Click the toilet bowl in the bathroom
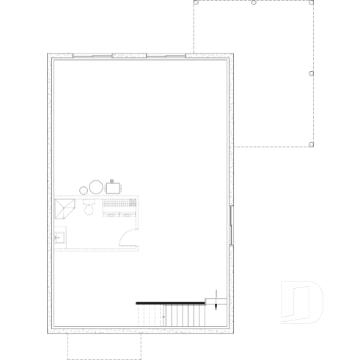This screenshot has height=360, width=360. pyautogui.click(x=89, y=210)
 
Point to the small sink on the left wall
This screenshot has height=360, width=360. pyautogui.click(x=59, y=238)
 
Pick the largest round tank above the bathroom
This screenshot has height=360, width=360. pyautogui.click(x=96, y=188)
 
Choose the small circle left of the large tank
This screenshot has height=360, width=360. pyautogui.click(x=83, y=191)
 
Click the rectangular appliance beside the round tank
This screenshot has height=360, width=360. pyautogui.click(x=114, y=188)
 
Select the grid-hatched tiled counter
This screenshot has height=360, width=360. pyautogui.click(x=117, y=205)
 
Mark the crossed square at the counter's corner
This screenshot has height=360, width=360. pyautogui.click(x=133, y=202)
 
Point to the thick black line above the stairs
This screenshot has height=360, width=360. pyautogui.click(x=169, y=301)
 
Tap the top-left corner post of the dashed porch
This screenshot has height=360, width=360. pyautogui.click(x=195, y=3)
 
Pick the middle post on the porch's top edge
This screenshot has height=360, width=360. pyautogui.click(x=253, y=3)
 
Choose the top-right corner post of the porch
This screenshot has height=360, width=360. pyautogui.click(x=313, y=3)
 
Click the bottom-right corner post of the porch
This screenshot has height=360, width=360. pyautogui.click(x=313, y=144)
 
